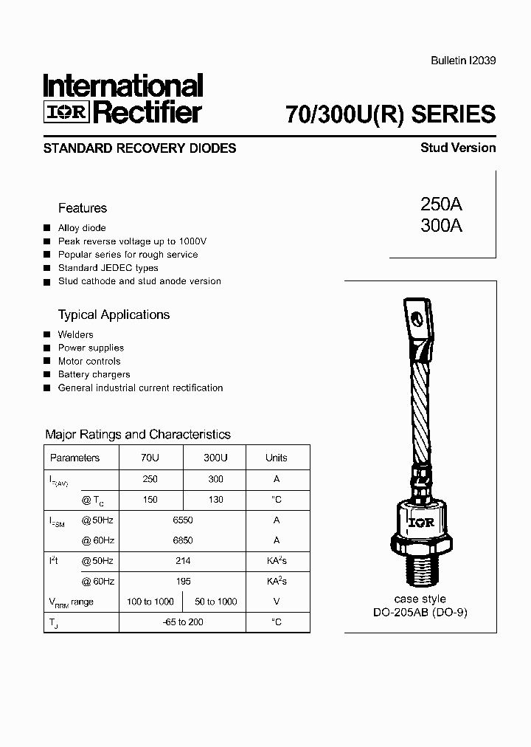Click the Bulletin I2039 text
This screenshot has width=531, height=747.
pyautogui.click(x=462, y=62)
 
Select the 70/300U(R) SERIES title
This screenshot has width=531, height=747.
pyautogui.click(x=390, y=114)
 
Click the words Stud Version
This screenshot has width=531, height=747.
pyautogui.click(x=458, y=148)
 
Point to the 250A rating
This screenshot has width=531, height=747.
pyautogui.click(x=441, y=205)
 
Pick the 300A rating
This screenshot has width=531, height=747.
pyautogui.click(x=441, y=227)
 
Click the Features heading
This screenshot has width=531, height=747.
pyautogui.click(x=83, y=208)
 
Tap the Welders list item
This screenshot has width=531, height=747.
pyautogui.click(x=76, y=334)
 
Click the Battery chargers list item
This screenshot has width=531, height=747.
pyautogui.click(x=94, y=374)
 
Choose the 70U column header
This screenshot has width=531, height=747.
pyautogui.click(x=150, y=458)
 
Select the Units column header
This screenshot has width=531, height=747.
pyautogui.click(x=277, y=458)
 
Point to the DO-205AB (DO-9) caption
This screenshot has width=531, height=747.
pyautogui.click(x=420, y=613)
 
